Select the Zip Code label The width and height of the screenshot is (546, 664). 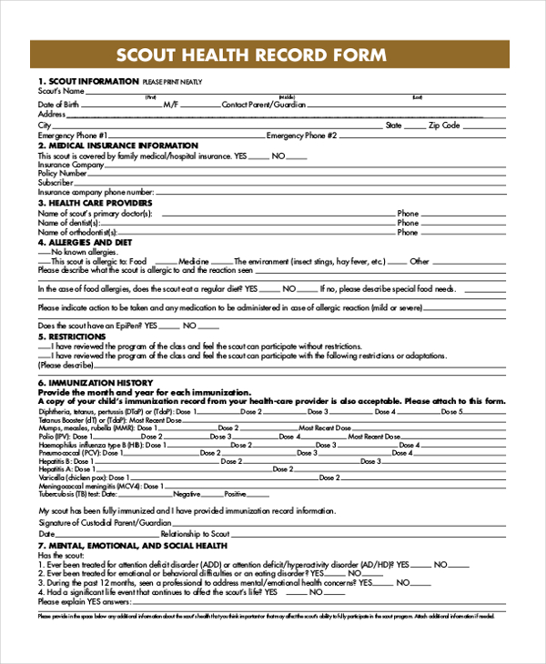[x=445, y=125]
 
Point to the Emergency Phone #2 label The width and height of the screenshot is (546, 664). [x=301, y=135]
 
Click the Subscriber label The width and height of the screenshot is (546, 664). [x=55, y=182]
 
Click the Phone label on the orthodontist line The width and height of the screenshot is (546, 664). [x=408, y=232]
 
